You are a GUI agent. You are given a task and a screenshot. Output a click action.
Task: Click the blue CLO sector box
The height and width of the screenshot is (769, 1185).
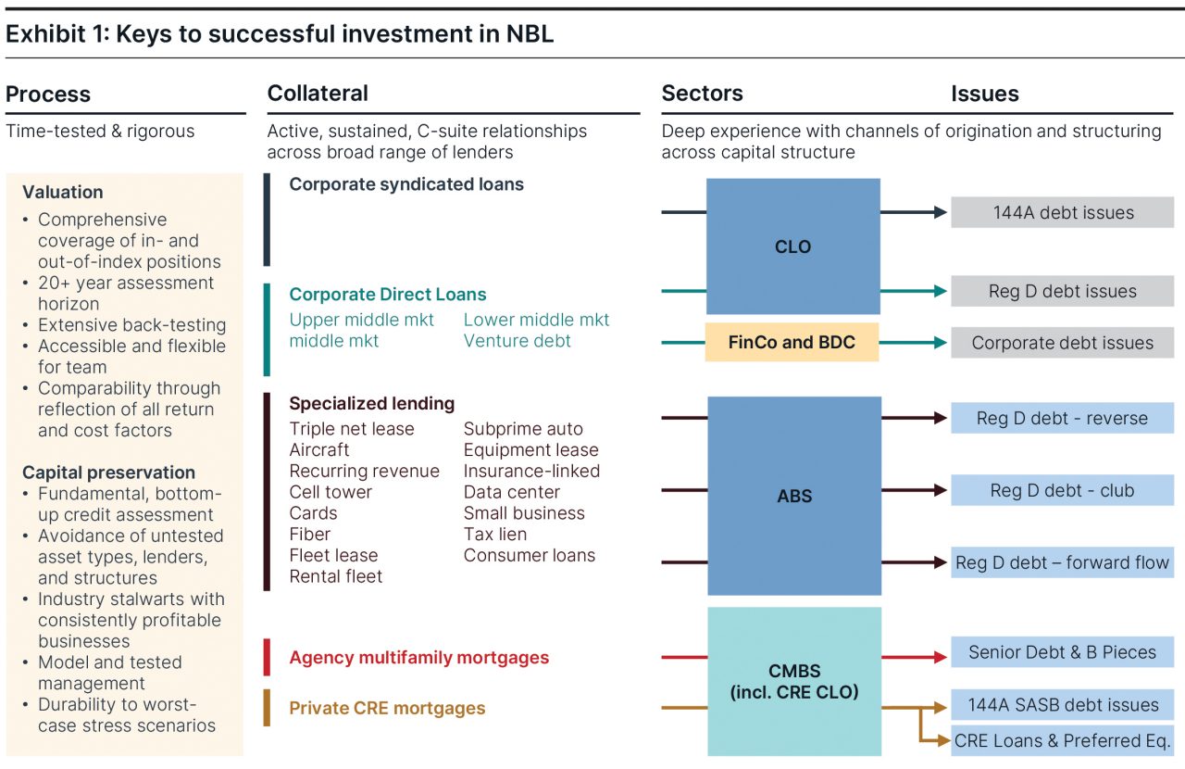pos(792,246)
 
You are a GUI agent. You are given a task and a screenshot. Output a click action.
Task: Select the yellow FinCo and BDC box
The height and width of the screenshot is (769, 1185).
pos(792,343)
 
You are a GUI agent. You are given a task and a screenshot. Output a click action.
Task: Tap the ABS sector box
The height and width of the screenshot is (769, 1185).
pos(794,496)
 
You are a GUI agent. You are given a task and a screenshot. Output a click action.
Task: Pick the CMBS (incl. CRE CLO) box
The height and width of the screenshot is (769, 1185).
pos(794,681)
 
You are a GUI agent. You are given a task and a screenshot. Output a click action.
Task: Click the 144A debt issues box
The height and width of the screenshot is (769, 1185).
pos(1063,212)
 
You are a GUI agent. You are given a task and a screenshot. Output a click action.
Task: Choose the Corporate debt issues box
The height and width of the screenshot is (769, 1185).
pos(1063,343)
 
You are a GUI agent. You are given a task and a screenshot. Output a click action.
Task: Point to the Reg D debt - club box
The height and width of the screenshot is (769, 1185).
pos(1063,490)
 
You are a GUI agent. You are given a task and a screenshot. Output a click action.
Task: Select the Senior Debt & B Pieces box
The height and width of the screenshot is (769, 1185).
pos(1063,652)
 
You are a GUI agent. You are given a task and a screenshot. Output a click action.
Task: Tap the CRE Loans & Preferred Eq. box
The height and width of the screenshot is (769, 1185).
pos(1063,740)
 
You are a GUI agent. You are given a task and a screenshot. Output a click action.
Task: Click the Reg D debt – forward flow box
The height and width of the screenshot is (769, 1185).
pos(1063,562)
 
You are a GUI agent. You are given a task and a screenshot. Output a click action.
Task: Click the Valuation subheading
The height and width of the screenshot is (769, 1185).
pos(63,193)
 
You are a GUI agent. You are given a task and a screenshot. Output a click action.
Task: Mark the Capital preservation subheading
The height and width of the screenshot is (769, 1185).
pos(108,473)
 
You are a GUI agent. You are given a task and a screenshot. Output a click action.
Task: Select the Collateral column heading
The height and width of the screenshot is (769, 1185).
pos(318,94)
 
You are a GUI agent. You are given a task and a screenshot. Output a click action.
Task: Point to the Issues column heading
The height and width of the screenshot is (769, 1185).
pos(985,94)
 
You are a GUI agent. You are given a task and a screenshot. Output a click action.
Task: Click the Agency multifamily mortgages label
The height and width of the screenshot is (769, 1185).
pos(419,658)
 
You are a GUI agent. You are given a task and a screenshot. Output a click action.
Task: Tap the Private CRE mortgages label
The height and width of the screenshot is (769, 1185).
pos(387,708)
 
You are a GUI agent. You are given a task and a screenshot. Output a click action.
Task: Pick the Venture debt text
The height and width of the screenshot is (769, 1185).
pos(518,341)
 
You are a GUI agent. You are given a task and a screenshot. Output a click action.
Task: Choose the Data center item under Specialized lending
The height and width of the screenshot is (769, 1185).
pos(512,492)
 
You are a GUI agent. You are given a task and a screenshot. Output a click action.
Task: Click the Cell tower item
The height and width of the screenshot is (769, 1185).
pos(331,492)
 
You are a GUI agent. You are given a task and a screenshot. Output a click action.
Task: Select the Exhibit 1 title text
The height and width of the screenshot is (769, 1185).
pos(280,34)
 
